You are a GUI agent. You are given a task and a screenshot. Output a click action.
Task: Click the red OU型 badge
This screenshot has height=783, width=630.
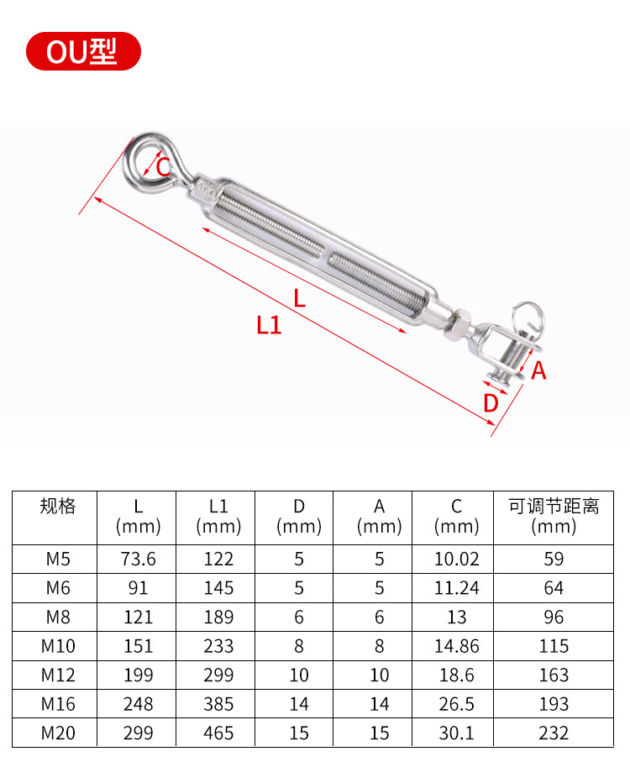tap(82, 52)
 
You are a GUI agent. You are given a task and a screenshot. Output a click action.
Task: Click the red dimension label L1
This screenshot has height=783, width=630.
tap(269, 325)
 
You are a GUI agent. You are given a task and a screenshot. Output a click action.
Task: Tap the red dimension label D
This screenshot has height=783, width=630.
tap(491, 403)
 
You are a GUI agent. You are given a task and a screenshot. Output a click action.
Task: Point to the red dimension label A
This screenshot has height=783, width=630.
tap(538, 370)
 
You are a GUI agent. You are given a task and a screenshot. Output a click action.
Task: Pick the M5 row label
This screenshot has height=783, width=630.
tap(57, 559)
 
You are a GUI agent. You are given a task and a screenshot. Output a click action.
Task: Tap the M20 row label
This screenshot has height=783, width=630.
tap(57, 733)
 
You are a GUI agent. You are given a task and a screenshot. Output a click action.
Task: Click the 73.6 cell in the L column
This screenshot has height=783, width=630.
tap(138, 559)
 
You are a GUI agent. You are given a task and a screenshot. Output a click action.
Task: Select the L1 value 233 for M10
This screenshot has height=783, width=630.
tap(218, 646)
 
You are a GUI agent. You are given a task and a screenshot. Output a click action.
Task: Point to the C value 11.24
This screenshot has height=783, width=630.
tap(456, 588)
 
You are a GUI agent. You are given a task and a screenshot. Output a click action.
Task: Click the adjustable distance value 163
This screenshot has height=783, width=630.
tap(554, 675)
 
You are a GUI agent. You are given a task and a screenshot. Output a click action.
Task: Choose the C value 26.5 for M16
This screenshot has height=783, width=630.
tap(456, 704)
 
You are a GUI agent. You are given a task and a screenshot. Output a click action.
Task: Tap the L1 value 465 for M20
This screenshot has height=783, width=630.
tap(218, 733)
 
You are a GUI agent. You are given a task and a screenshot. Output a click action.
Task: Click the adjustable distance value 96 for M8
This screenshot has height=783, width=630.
tap(554, 617)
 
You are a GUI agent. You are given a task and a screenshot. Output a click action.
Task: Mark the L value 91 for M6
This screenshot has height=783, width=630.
tap(138, 588)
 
